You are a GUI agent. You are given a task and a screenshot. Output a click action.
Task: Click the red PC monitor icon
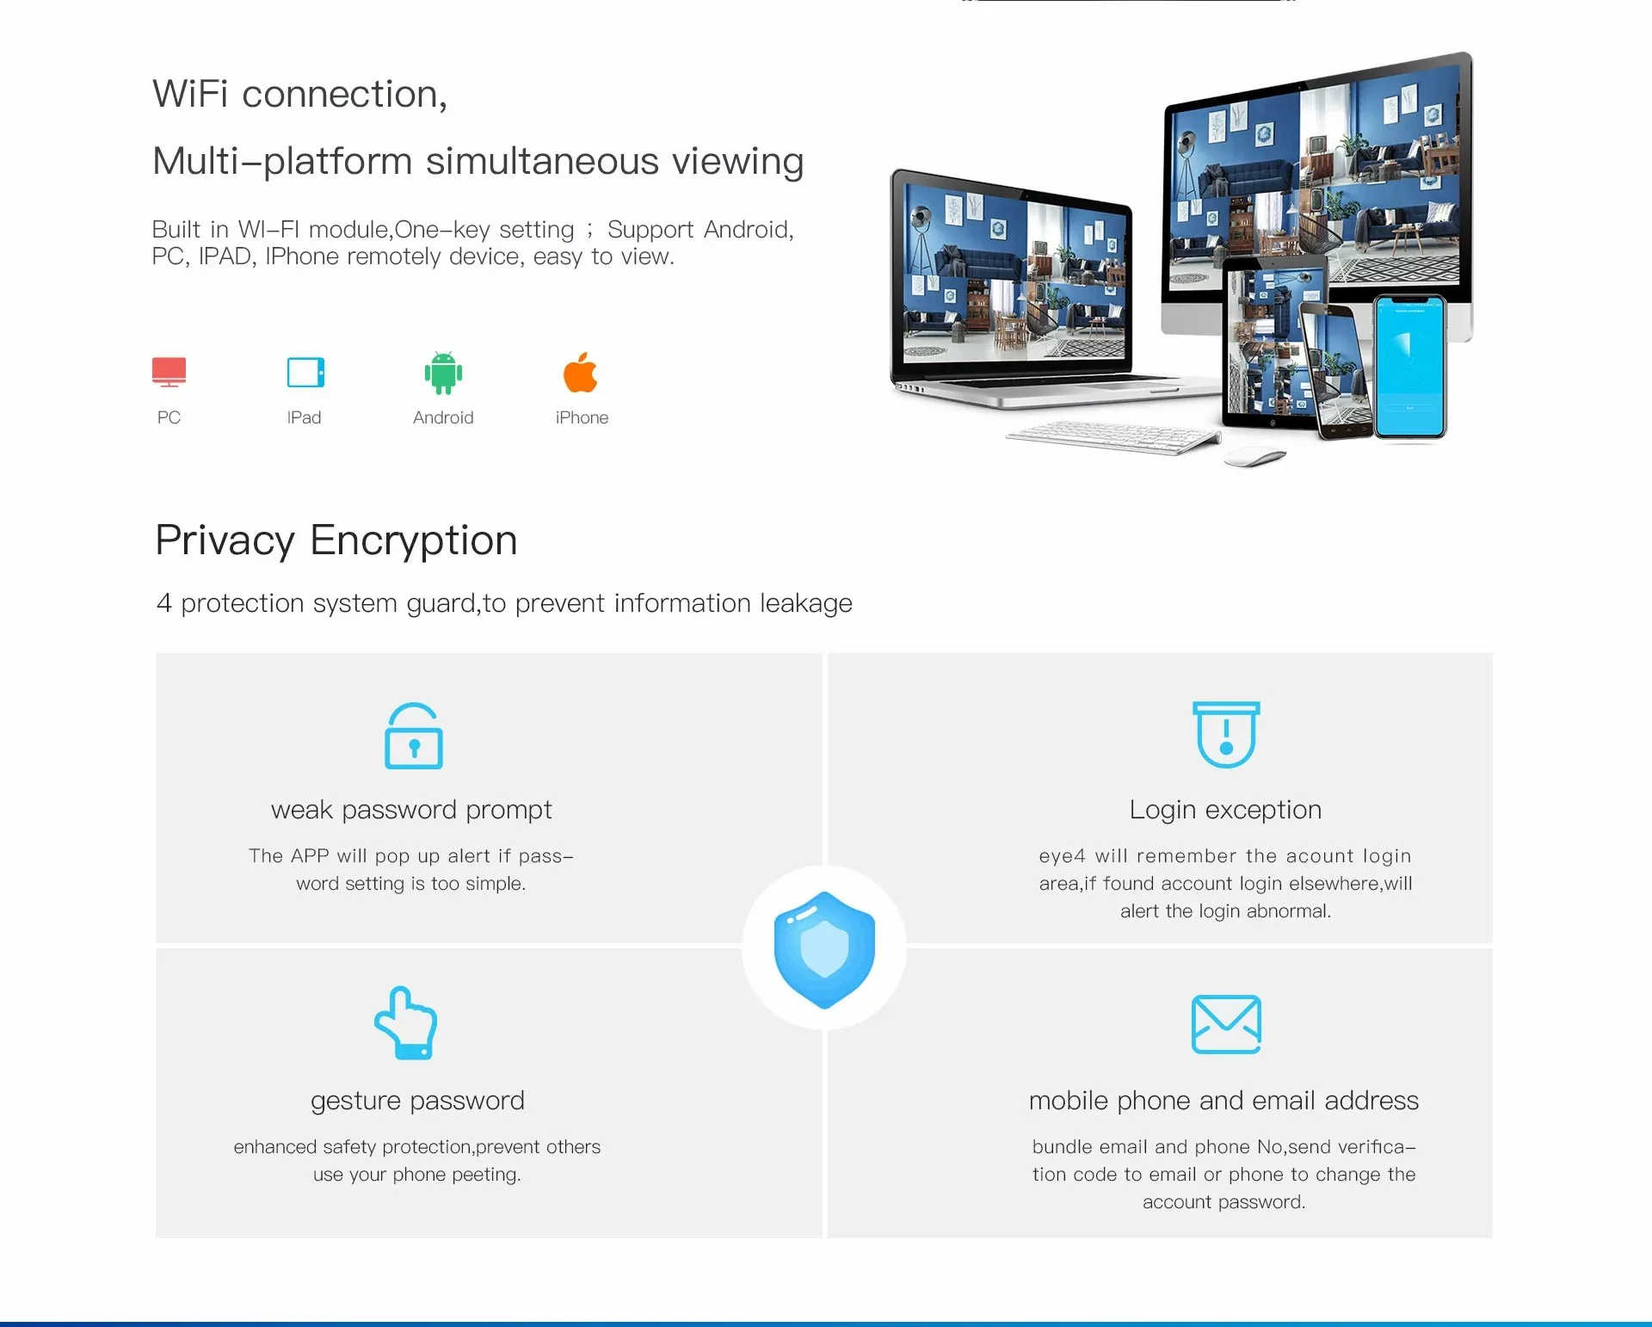point(169,372)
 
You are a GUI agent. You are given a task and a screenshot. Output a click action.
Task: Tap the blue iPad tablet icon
point(305,373)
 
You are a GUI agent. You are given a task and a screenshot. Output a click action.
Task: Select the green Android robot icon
point(443,373)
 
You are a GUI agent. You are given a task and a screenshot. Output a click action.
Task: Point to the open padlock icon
point(414,737)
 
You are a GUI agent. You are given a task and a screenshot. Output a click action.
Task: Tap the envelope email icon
point(1226,1024)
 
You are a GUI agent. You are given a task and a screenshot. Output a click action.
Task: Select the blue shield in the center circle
point(824,949)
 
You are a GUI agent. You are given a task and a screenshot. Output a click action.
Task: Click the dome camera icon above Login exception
point(1226,734)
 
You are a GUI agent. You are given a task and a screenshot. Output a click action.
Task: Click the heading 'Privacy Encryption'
point(336,540)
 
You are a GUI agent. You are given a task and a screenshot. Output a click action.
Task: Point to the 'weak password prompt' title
point(411,810)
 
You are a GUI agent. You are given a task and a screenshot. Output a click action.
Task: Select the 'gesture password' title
point(417,1101)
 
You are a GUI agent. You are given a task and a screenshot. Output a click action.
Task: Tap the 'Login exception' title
point(1225,810)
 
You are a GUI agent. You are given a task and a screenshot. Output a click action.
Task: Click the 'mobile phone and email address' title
point(1224,1101)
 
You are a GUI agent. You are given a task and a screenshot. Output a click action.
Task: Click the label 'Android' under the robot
point(443,417)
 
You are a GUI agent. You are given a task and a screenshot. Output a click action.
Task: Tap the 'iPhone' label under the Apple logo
point(582,417)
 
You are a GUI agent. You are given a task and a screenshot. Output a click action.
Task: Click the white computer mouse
point(1254,457)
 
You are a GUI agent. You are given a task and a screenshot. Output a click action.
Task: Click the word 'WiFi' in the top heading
point(190,94)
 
